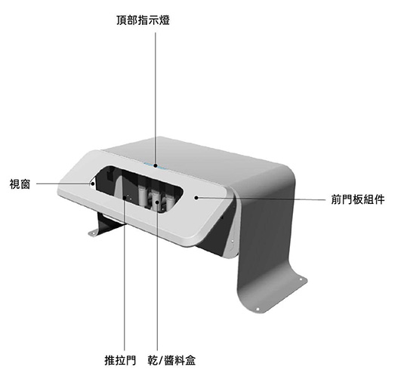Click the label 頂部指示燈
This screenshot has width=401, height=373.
(x=143, y=20)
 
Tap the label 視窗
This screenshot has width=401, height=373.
(x=20, y=183)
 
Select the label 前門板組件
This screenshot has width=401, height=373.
(x=357, y=199)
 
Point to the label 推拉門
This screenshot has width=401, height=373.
(x=120, y=360)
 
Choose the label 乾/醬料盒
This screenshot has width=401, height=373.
(x=172, y=360)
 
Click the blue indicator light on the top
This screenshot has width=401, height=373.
(x=156, y=165)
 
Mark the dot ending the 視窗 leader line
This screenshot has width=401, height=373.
(x=92, y=183)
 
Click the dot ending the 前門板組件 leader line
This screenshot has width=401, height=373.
(x=196, y=197)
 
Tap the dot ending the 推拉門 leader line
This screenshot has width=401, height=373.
(x=125, y=198)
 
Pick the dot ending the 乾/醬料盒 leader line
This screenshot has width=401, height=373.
(x=158, y=202)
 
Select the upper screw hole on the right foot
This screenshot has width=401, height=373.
(x=301, y=279)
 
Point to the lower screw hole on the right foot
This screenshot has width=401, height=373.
(x=258, y=309)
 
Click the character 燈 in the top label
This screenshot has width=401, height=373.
(x=164, y=20)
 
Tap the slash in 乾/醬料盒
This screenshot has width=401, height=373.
(x=161, y=360)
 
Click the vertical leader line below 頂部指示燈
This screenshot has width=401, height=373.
(x=156, y=98)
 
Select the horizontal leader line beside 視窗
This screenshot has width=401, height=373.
(x=63, y=183)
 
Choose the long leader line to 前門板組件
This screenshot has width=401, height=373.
(x=261, y=199)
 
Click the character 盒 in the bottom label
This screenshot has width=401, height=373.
(x=191, y=360)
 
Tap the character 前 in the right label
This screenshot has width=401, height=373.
(x=336, y=199)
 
